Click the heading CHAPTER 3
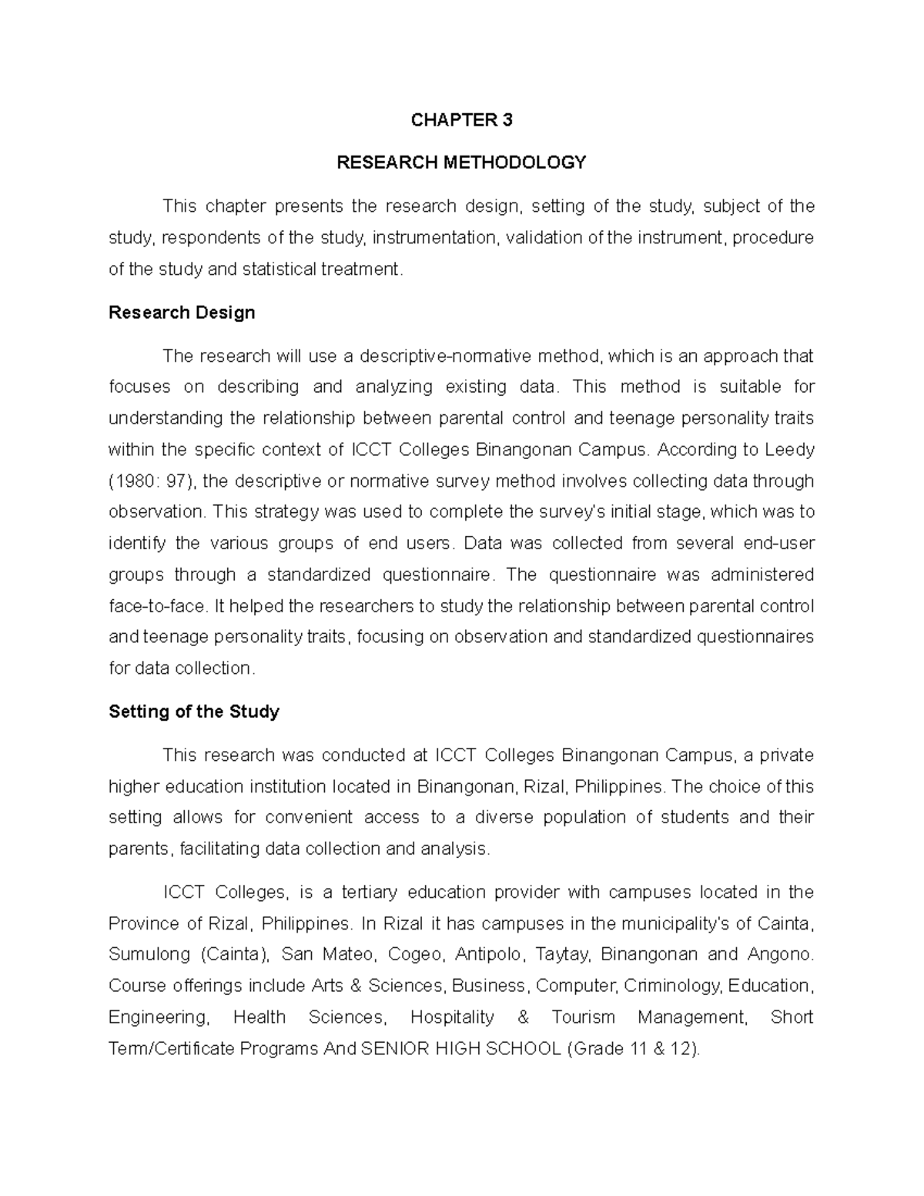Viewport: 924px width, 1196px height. pos(461,120)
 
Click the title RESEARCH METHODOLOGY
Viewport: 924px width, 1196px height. pos(461,162)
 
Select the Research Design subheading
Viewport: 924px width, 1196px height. pos(182,313)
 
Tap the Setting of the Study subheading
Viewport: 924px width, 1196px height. pos(194,712)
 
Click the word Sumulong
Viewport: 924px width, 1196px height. pos(149,954)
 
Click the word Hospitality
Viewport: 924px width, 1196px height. pos(452,1017)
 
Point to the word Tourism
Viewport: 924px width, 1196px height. pos(583,1017)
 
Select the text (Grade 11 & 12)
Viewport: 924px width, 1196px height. pos(633,1049)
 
